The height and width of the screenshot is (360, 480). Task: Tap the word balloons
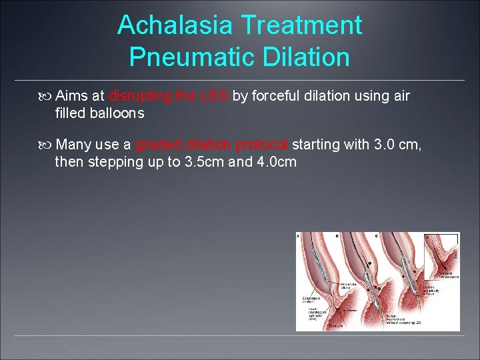(118, 113)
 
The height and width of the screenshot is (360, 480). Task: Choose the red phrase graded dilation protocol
(212, 145)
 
